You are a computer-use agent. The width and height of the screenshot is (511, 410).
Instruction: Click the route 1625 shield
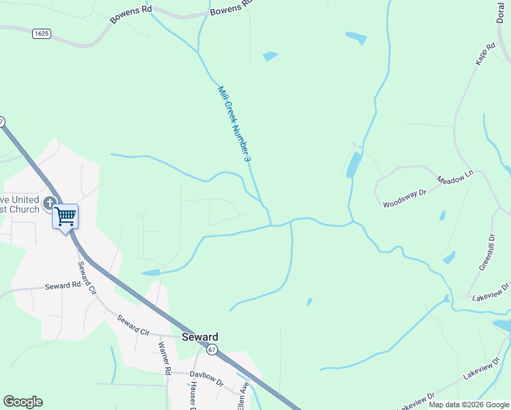pos(41,33)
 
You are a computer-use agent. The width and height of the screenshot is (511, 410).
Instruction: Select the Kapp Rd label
pos(484,55)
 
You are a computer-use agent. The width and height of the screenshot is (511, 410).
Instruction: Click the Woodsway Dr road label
pos(404,199)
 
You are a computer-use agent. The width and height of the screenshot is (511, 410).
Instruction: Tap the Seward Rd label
pos(63,286)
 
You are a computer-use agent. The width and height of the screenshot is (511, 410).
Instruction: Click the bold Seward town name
pos(200,337)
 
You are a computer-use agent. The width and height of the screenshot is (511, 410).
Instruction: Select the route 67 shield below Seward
pos(212,350)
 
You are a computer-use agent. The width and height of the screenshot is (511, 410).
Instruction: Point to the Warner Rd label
pos(164,359)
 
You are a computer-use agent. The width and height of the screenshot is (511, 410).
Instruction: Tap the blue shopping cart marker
pos(65,217)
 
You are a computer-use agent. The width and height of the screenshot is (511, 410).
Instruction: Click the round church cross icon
pos(49,202)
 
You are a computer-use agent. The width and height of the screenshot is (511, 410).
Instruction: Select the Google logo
pos(23,402)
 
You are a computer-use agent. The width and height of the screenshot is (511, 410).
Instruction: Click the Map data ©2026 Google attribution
pos(469,405)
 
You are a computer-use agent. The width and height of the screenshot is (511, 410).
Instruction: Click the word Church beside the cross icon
pos(25,209)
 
